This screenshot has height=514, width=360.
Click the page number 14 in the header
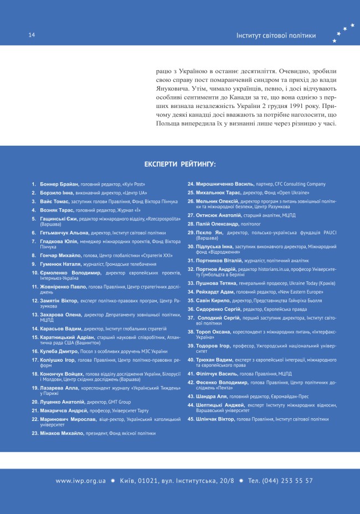click(x=32, y=35)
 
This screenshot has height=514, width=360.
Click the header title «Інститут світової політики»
click(x=276, y=35)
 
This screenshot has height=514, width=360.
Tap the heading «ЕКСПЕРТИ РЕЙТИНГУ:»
click(x=180, y=165)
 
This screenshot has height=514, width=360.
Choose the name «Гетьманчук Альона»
click(x=64, y=233)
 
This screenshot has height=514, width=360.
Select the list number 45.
click(x=191, y=419)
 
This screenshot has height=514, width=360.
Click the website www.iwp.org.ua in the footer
click(x=81, y=481)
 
